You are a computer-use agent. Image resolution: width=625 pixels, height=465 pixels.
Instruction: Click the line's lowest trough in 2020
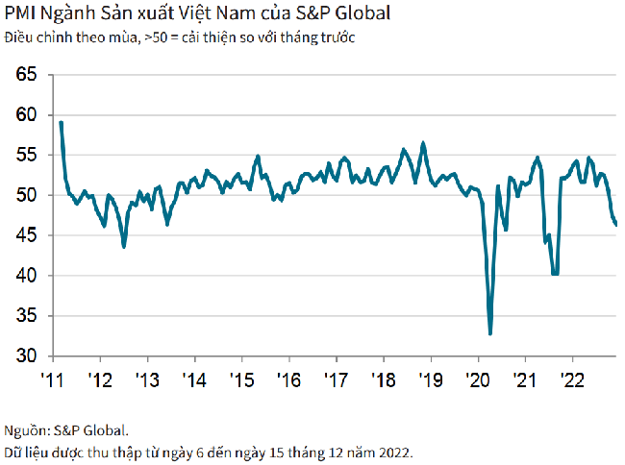pos(490,333)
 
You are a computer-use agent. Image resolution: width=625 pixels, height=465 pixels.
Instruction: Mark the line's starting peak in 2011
pos(61,122)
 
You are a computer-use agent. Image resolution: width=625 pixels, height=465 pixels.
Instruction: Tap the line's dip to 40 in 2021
pos(555,274)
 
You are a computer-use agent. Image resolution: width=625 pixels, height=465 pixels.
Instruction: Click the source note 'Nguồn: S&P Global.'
pos(66,430)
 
